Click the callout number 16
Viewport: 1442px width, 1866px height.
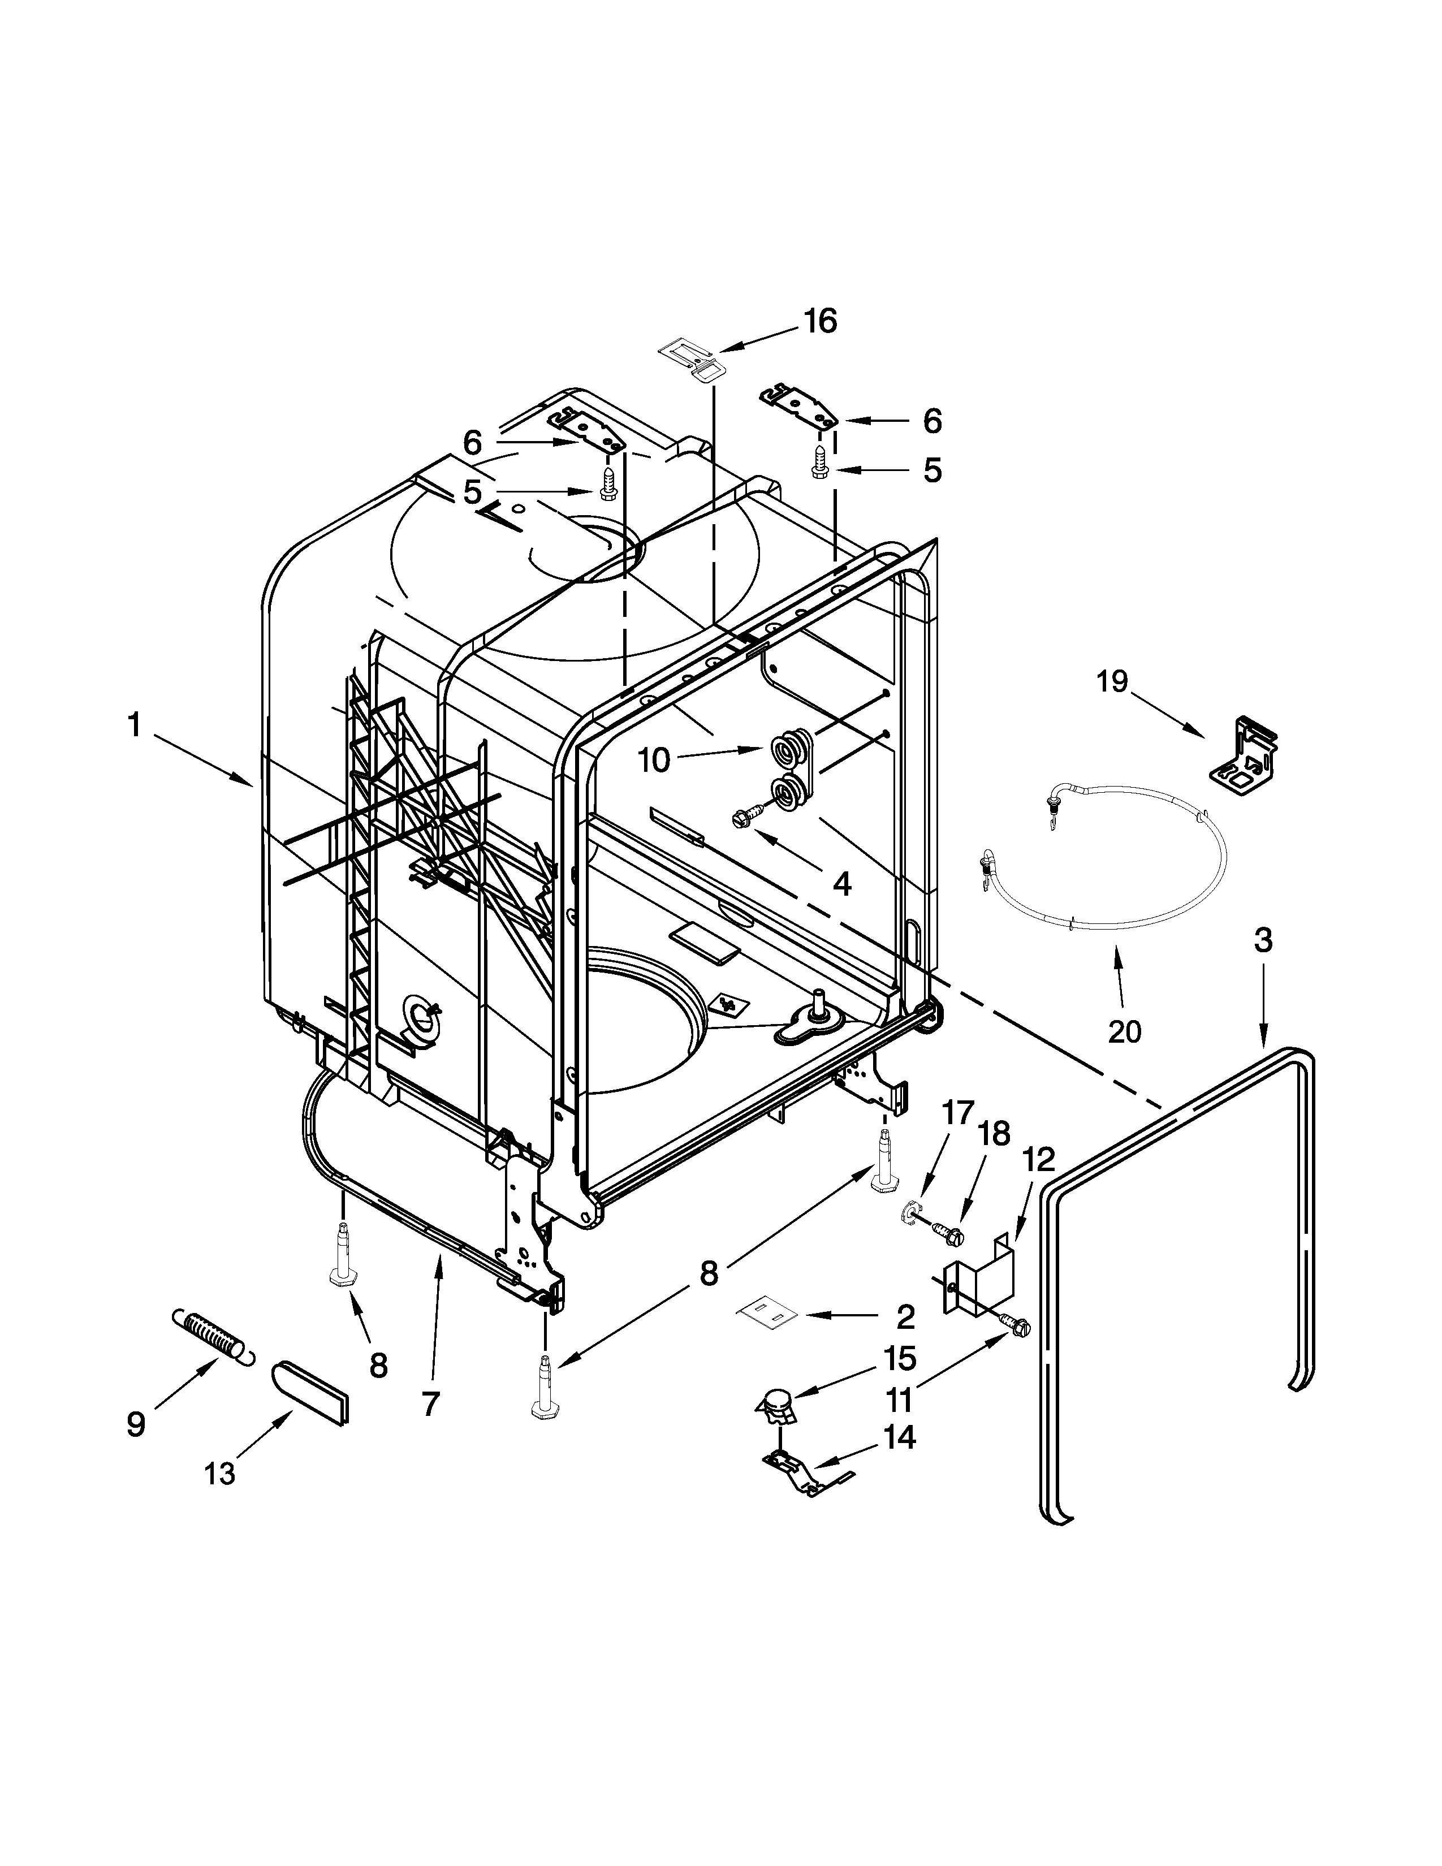click(x=819, y=322)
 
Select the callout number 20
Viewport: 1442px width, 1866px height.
click(x=1124, y=1031)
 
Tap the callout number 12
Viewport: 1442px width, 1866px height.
click(x=1038, y=1159)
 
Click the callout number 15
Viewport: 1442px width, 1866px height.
click(x=900, y=1358)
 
